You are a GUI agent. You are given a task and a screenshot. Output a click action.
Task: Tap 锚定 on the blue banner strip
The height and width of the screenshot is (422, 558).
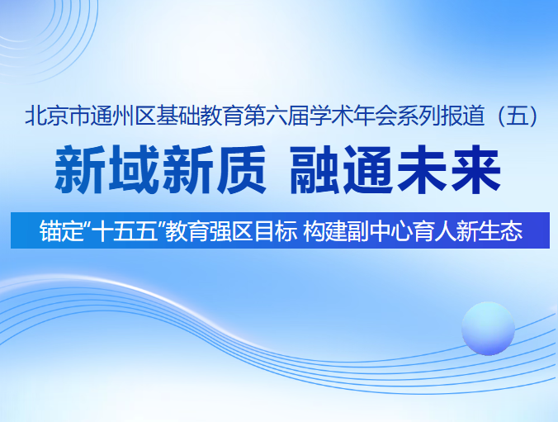[x=55, y=231]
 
